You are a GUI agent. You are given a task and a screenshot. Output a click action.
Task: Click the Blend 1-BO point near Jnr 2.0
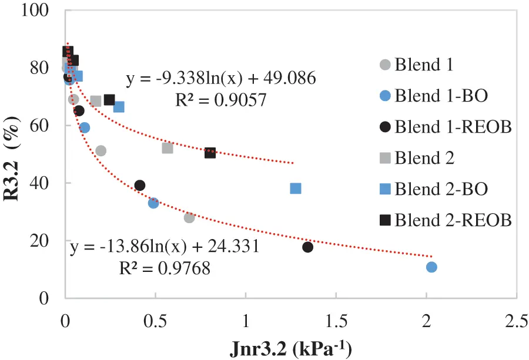pos(431,267)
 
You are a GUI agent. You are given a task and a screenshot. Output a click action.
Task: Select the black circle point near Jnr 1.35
pos(307,247)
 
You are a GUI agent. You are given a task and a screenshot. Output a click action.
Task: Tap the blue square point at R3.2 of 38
pos(296,189)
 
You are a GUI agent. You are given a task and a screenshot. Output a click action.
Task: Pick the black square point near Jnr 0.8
pos(210,153)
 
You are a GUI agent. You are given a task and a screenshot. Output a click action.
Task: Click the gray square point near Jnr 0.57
pos(168,148)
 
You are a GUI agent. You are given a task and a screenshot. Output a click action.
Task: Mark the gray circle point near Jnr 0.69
pos(189,218)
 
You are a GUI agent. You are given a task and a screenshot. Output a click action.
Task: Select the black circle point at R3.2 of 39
pos(140,186)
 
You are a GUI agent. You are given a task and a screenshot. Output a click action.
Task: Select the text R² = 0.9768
pos(165,268)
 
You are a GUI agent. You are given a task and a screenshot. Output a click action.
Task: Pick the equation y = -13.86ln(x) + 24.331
pos(165,247)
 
